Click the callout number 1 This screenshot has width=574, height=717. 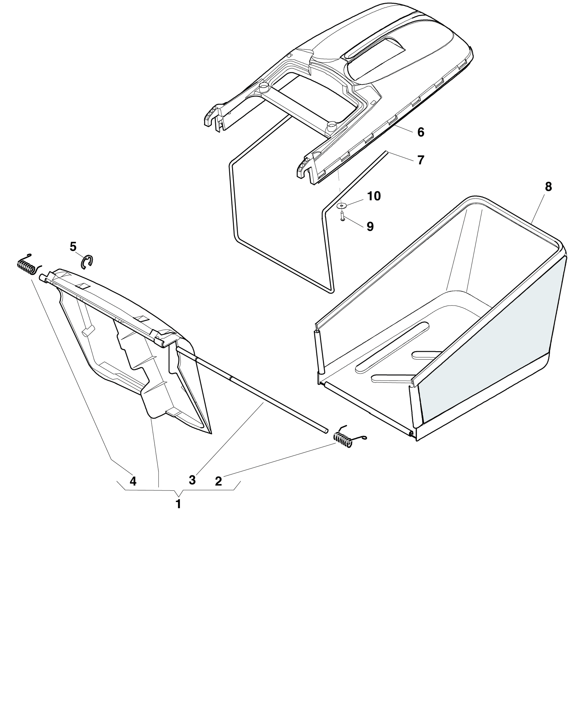(178, 504)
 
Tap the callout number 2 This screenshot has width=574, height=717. (218, 481)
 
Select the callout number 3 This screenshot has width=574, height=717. (192, 480)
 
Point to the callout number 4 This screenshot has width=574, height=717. (133, 481)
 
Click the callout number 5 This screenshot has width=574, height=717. (73, 246)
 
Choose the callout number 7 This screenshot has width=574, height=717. (421, 160)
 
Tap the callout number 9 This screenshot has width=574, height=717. (370, 227)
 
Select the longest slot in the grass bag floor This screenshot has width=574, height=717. (393, 347)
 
